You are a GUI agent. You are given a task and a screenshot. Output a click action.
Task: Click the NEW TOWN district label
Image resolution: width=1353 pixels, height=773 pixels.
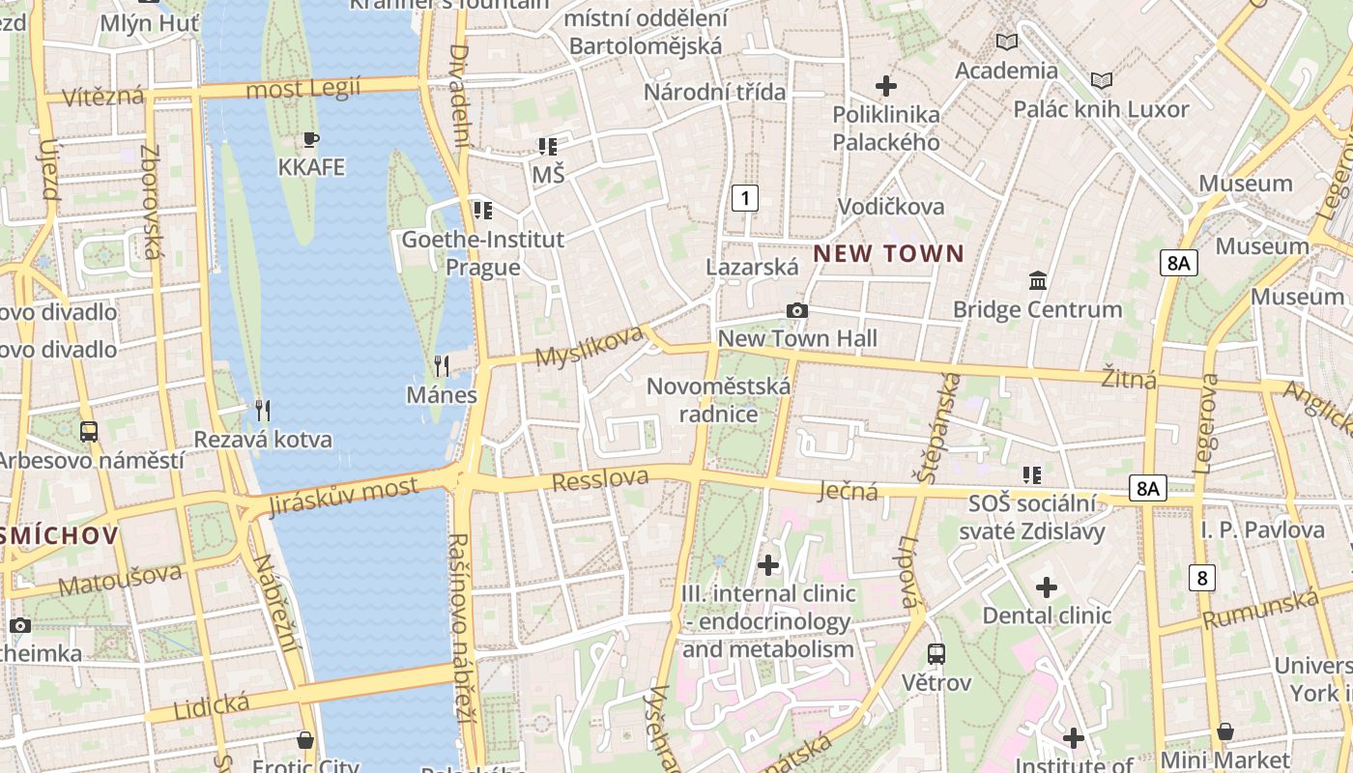pyautogui.click(x=888, y=254)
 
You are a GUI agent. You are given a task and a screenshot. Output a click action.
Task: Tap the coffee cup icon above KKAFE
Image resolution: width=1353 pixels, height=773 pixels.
pyautogui.click(x=310, y=139)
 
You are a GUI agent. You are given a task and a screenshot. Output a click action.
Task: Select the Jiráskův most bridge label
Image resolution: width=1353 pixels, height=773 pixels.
pyautogui.click(x=344, y=494)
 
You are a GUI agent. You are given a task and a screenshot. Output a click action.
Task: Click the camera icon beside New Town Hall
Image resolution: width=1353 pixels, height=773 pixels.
pyautogui.click(x=796, y=310)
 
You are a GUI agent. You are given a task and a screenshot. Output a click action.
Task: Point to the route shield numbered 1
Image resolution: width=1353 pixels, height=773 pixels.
pyautogui.click(x=744, y=198)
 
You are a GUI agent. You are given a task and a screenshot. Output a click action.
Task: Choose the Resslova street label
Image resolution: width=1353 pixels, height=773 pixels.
pyautogui.click(x=599, y=478)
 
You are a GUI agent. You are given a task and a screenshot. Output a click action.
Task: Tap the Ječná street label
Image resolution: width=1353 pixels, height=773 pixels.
pyautogui.click(x=849, y=491)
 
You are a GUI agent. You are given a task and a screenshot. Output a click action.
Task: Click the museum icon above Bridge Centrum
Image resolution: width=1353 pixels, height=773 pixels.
pyautogui.click(x=1038, y=280)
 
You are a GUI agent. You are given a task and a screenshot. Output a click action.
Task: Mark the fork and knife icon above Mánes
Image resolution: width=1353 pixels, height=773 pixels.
pyautogui.click(x=442, y=365)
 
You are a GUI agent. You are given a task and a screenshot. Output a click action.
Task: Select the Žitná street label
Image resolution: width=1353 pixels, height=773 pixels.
pyautogui.click(x=1128, y=378)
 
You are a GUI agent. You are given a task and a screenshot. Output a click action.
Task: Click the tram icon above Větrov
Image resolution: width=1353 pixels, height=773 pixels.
pyautogui.click(x=936, y=654)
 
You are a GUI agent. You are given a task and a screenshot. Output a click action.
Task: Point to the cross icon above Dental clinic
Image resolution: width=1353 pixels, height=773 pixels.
pyautogui.click(x=1047, y=587)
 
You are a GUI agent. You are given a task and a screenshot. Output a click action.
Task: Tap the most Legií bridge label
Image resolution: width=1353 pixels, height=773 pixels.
pyautogui.click(x=302, y=89)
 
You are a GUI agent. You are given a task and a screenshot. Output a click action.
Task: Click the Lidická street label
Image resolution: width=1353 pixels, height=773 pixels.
pyautogui.click(x=211, y=705)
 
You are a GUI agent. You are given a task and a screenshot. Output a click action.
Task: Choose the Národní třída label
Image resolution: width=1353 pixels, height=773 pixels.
pyautogui.click(x=714, y=93)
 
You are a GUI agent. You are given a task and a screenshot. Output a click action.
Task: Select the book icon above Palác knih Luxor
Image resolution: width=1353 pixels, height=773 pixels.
pyautogui.click(x=1101, y=80)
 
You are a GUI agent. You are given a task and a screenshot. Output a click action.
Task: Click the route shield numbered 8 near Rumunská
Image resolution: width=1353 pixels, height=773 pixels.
pyautogui.click(x=1201, y=578)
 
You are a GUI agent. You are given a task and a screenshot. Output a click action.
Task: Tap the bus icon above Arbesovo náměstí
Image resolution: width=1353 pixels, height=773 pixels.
pyautogui.click(x=89, y=431)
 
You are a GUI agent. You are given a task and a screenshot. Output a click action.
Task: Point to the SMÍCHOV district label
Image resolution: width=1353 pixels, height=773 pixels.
pyautogui.click(x=60, y=535)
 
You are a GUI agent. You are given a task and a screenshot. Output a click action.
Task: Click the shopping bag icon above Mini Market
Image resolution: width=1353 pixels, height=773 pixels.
pyautogui.click(x=1224, y=731)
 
